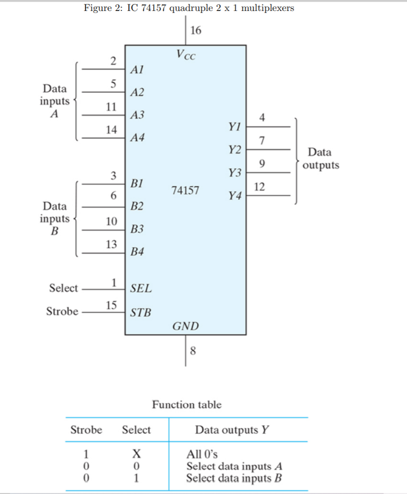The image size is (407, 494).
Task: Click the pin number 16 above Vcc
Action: pos(196,30)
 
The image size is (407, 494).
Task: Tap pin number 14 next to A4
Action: pos(112,130)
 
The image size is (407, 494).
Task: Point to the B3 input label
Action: pos(137,229)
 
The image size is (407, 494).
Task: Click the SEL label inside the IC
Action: pos(141,288)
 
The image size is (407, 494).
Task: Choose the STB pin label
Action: pos(141,313)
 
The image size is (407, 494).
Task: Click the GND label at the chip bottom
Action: pos(186,327)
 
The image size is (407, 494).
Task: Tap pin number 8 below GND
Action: pos(194,351)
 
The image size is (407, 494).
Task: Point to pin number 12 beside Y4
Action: pos(259,187)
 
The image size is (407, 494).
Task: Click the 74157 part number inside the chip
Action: pos(185,190)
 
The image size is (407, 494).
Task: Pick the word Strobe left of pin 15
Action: pos(62,312)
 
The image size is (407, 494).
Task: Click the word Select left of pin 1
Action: pos(64,288)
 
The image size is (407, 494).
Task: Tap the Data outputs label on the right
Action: pos(320,159)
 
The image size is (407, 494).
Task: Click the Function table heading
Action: pos(187,404)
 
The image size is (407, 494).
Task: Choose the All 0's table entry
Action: pos(202,454)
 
